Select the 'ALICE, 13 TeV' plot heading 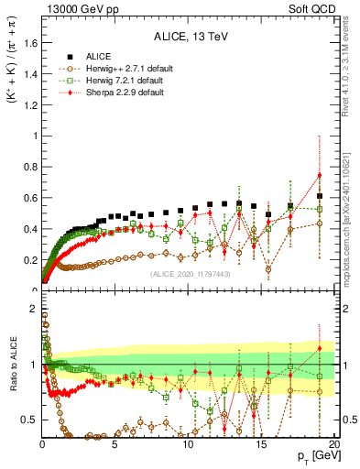coord(188,37)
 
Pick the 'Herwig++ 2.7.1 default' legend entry coord(119,67)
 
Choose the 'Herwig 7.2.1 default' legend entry coord(116,80)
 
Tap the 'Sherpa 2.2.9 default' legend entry coord(116,92)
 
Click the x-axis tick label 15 coord(261,444)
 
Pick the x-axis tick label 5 coord(115,444)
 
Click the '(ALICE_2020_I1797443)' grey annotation coord(188,273)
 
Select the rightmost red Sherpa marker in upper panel coord(319,175)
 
